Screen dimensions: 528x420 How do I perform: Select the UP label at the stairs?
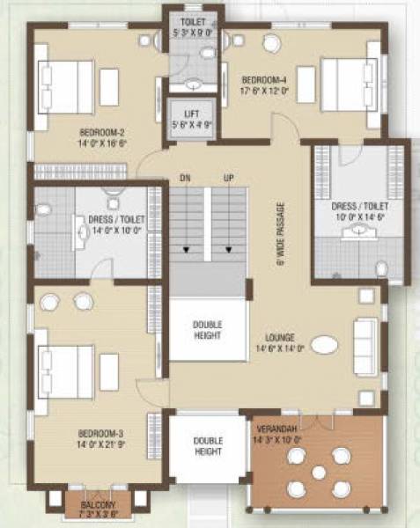[228, 179]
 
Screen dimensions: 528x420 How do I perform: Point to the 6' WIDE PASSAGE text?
[281, 233]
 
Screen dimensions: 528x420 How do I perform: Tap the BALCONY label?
[98, 505]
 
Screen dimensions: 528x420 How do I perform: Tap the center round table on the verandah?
[319, 471]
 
